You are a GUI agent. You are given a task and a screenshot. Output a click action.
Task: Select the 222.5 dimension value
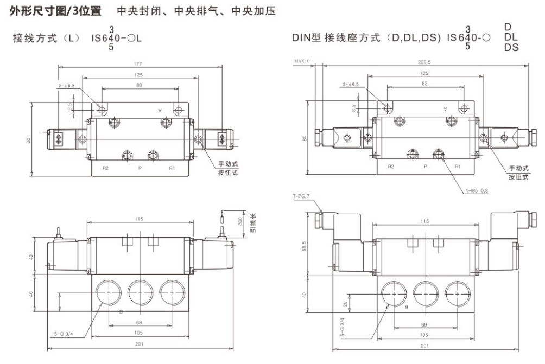coord(425,62)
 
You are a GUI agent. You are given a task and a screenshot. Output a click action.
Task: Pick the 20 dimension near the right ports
coord(345,304)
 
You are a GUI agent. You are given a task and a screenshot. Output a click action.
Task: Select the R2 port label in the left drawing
coord(105,168)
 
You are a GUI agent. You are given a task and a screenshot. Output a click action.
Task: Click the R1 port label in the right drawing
coord(457,166)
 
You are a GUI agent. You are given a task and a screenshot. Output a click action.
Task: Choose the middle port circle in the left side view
coord(141,292)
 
